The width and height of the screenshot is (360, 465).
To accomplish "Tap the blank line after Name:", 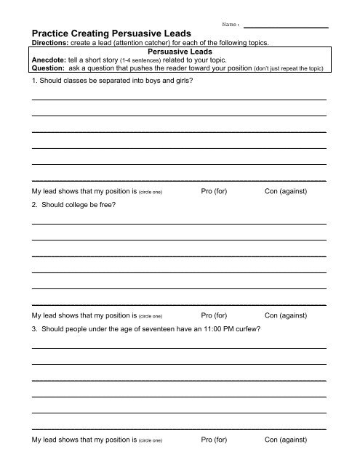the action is point(285,27).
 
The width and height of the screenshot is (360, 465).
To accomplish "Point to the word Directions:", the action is point(48,43).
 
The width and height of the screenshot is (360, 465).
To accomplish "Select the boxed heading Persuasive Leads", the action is point(179,52).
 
